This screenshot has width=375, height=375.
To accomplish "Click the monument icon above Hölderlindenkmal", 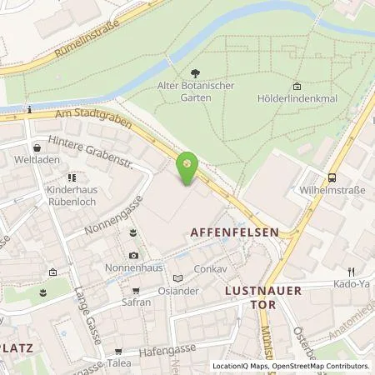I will click(x=297, y=86).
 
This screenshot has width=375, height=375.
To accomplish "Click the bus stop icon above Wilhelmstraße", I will click(x=333, y=177).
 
